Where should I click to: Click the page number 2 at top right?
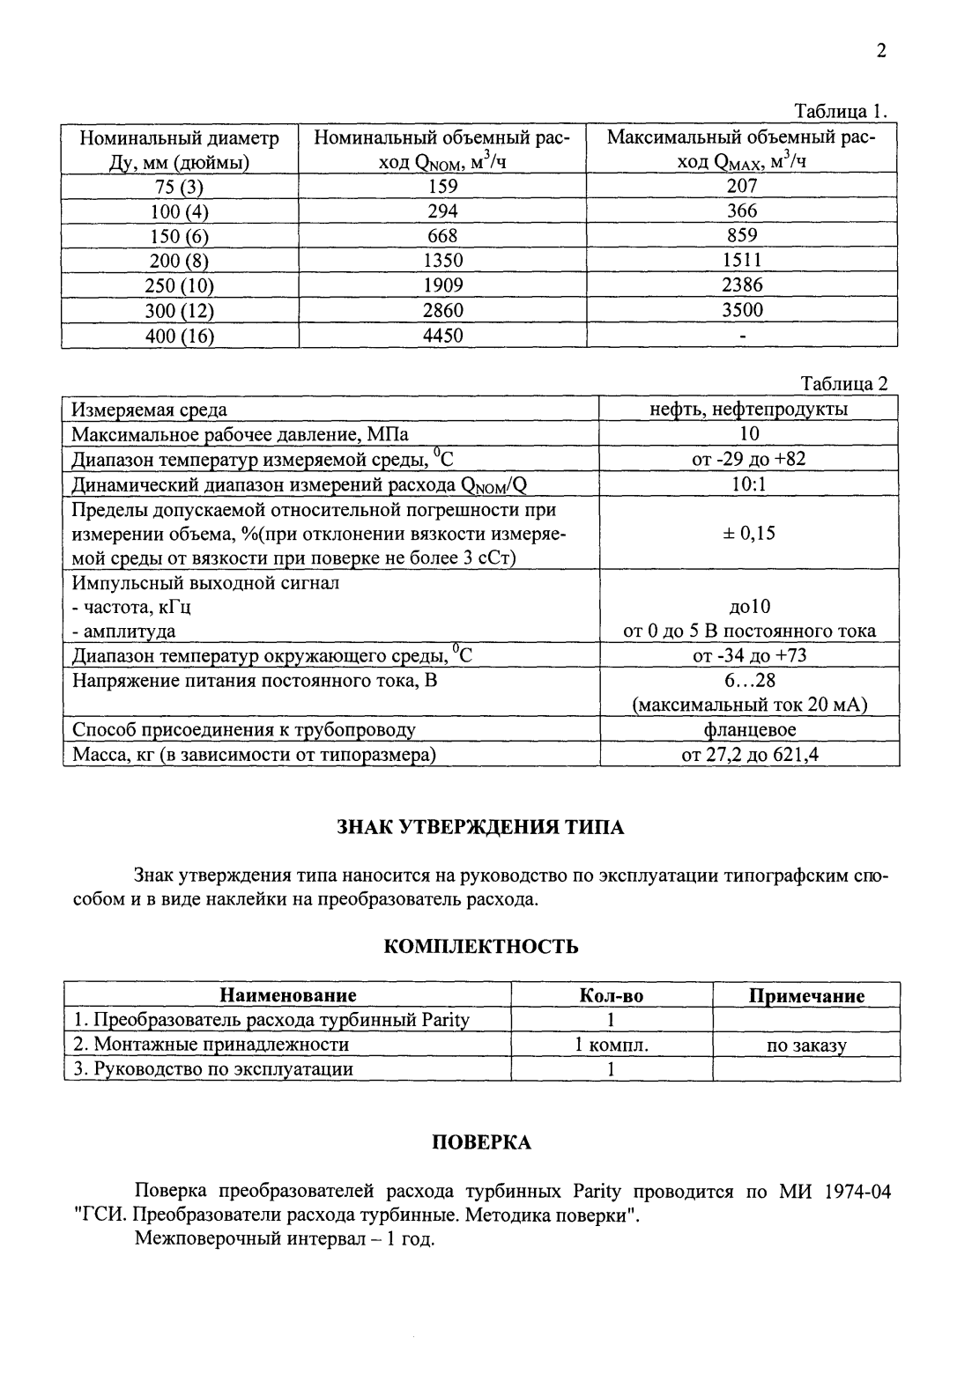click(880, 51)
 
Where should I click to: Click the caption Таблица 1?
click(840, 112)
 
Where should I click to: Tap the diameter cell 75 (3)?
click(180, 186)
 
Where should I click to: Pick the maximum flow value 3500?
click(742, 310)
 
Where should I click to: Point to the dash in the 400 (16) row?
click(743, 336)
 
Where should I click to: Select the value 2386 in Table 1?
click(742, 285)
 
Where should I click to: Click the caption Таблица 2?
click(843, 383)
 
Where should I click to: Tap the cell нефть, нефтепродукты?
click(749, 409)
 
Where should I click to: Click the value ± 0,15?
click(749, 533)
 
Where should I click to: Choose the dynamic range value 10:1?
click(749, 484)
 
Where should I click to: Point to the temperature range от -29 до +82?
click(749, 459)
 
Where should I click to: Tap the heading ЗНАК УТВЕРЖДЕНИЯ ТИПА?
click(480, 828)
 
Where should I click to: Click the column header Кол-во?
click(611, 996)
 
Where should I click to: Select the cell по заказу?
click(806, 1045)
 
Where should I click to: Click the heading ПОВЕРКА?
click(481, 1142)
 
